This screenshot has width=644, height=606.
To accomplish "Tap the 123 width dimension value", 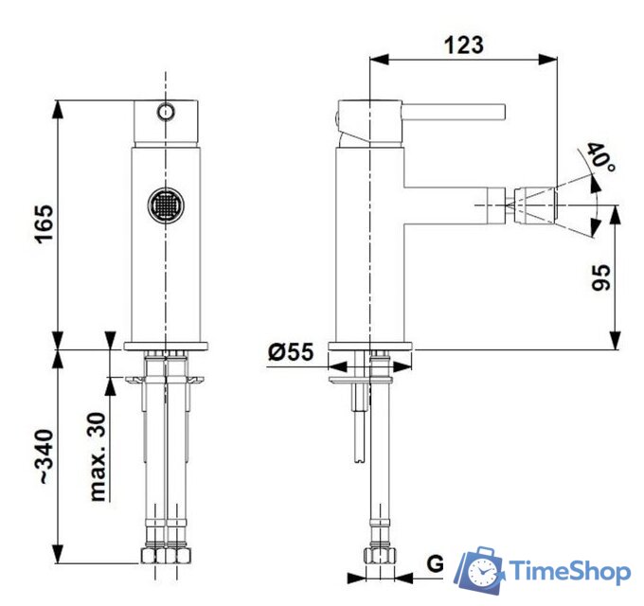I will coord(463,44).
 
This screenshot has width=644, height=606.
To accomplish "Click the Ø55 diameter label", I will coord(290,352).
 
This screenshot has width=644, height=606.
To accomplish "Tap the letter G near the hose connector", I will coord(435,565).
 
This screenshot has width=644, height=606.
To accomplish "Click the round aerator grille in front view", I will coord(166,205).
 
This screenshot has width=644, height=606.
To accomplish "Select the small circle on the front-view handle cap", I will coord(166,112).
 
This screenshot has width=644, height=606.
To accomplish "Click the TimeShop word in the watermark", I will coord(571,571).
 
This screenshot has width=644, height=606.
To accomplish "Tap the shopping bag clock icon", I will coord(480,570).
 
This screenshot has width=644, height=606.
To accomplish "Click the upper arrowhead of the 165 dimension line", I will coord(60,107).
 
